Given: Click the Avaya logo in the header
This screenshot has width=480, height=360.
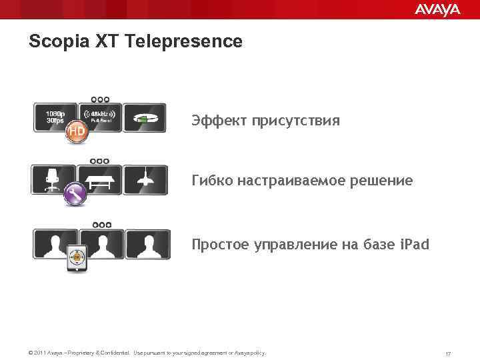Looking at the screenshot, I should (437, 9).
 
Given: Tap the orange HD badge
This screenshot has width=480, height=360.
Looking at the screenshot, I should (76, 133).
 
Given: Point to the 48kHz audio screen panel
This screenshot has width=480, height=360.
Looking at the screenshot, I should (100, 117).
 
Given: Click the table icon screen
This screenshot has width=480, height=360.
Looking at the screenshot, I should (100, 179).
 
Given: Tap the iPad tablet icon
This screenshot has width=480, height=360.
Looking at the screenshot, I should (77, 258).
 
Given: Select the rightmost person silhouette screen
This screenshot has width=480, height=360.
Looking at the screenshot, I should (147, 243).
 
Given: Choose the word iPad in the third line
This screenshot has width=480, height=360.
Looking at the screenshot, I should (415, 245).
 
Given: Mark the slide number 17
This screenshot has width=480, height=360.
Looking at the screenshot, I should (448, 353).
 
